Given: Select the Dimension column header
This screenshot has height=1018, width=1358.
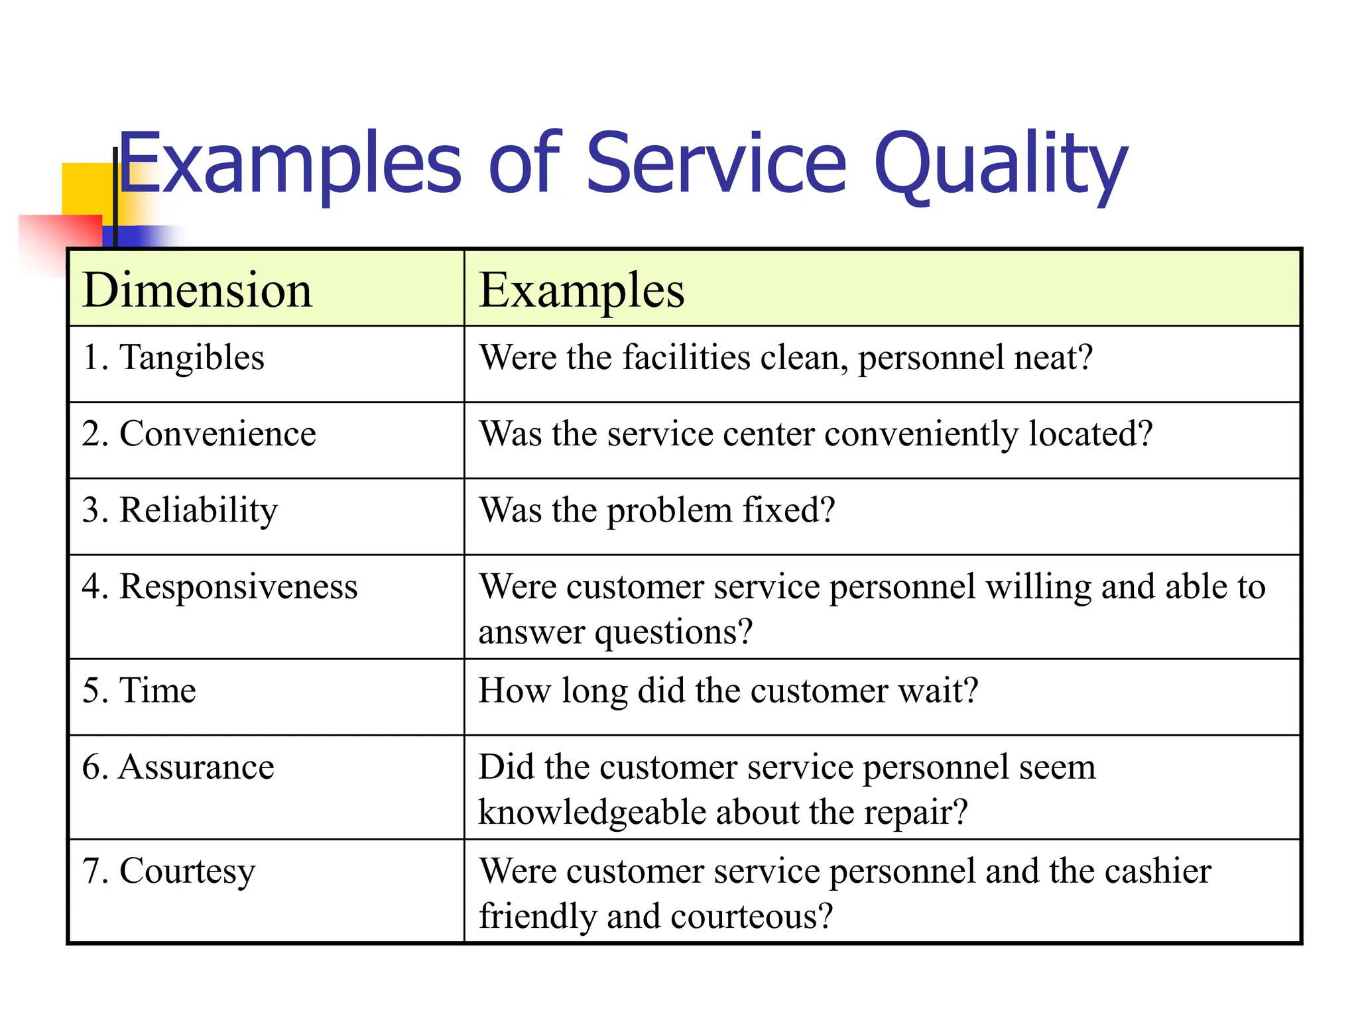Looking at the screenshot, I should click(x=197, y=290).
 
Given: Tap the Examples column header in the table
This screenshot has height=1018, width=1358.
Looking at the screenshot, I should click(x=582, y=290).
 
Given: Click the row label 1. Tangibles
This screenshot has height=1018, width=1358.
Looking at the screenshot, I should click(x=173, y=358).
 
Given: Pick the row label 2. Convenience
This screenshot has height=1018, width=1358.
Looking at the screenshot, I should click(x=199, y=434).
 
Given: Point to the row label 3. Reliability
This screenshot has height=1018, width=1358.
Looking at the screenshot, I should click(x=180, y=510).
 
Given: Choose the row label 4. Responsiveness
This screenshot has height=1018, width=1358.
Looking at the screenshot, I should click(x=219, y=587).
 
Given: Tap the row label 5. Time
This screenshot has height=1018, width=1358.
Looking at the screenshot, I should click(x=139, y=691).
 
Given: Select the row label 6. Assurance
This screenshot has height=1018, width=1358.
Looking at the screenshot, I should click(x=178, y=767).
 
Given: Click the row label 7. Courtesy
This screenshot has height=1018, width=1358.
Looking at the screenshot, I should click(x=168, y=872).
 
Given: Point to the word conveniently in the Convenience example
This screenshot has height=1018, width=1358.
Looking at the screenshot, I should click(x=921, y=434).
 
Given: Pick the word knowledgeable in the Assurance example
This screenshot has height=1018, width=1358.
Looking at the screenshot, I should click(x=591, y=813).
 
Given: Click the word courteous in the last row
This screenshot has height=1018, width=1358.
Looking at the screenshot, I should click(x=752, y=917).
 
